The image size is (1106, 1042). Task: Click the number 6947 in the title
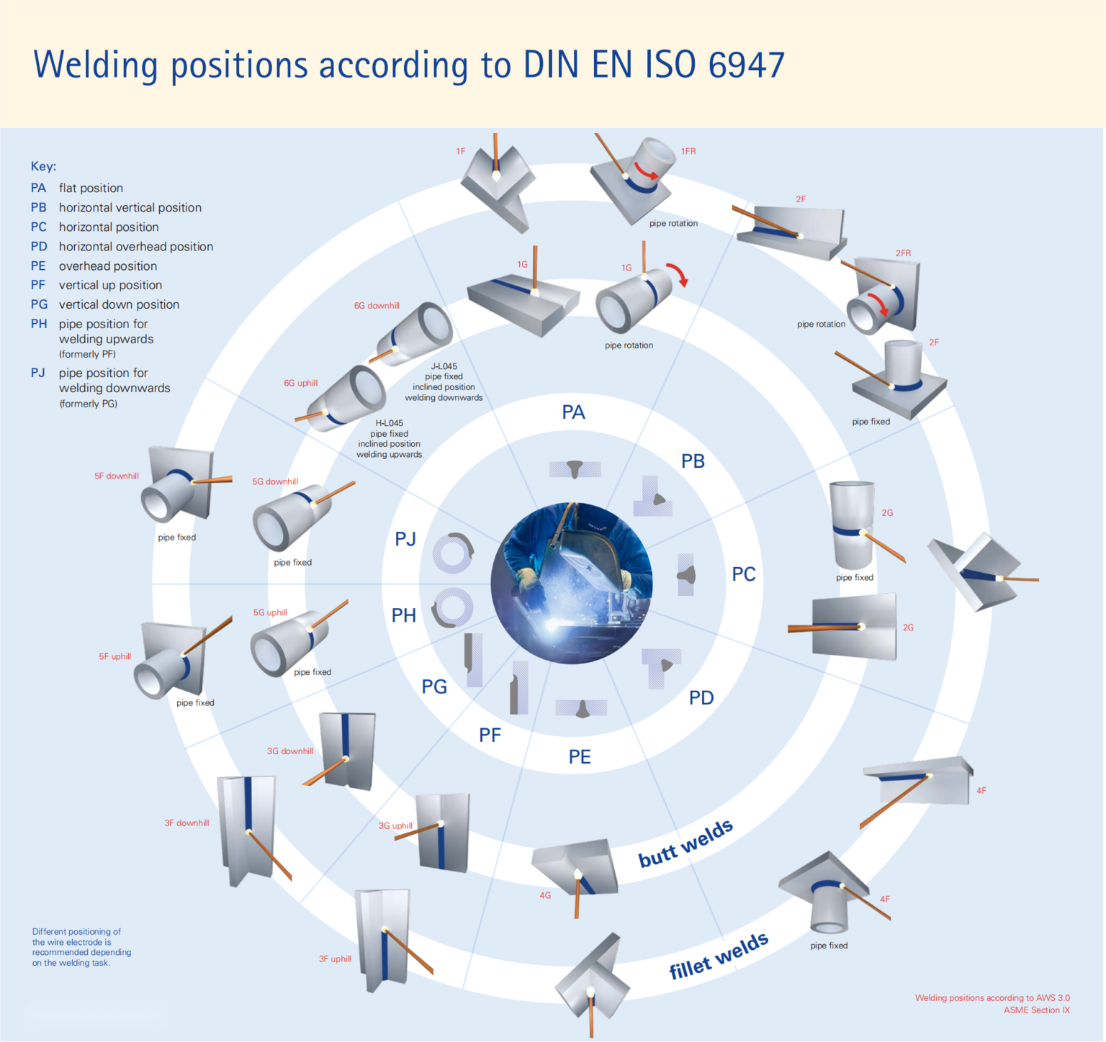[746, 65]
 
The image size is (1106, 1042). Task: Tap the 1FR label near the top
[688, 152]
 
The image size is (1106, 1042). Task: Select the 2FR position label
[903, 253]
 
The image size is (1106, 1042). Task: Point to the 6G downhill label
[377, 306]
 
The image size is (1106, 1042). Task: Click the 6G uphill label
[300, 384]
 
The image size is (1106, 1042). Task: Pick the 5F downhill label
[117, 476]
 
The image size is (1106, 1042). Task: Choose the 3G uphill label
[395, 826]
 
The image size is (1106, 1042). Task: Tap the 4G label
[545, 896]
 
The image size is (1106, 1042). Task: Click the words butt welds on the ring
[685, 843]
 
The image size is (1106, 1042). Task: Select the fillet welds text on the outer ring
[719, 956]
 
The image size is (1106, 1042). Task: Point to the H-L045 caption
[390, 424]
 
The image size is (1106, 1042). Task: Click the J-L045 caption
[444, 367]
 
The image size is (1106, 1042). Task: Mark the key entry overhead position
[107, 266]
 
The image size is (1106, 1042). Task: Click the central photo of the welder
[572, 583]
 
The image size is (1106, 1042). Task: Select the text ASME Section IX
[1036, 1010]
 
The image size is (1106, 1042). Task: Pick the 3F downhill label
[186, 823]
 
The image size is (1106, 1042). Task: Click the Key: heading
[43, 166]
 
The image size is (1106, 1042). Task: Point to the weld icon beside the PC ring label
[687, 575]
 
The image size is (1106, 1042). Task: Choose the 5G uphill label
[270, 613]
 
